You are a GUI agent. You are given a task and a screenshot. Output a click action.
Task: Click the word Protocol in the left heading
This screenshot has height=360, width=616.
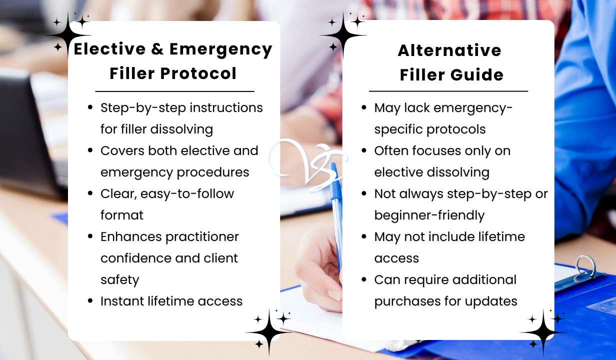[198, 73]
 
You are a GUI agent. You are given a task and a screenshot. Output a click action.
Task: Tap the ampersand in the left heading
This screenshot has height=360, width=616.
[157, 49]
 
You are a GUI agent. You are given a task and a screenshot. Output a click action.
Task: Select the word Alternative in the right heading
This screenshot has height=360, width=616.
[449, 50]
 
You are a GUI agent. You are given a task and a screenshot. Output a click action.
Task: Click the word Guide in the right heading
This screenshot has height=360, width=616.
[477, 75]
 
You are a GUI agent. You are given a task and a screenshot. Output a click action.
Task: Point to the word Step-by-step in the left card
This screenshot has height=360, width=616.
[143, 108]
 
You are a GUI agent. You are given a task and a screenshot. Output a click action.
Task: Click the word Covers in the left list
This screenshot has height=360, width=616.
[122, 150]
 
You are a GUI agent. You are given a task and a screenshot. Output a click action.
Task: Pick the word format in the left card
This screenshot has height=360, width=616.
[122, 215]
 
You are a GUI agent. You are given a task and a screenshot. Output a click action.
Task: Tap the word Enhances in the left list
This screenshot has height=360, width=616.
[131, 237]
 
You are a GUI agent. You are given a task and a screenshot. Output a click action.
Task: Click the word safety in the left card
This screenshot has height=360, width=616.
[120, 280]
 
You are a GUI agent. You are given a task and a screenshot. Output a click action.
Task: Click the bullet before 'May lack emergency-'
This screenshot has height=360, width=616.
[364, 107]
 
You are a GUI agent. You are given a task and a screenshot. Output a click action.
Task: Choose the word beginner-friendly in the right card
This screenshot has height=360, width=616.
[429, 215]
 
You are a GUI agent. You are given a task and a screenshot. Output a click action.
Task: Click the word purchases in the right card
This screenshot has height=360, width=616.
[408, 301]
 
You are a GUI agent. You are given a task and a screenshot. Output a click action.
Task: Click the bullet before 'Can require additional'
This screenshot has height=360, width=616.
[364, 279]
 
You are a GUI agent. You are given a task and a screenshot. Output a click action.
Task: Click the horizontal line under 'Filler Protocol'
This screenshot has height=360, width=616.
[174, 91]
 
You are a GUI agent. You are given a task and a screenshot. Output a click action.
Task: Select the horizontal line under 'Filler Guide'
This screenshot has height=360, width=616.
[448, 91]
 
